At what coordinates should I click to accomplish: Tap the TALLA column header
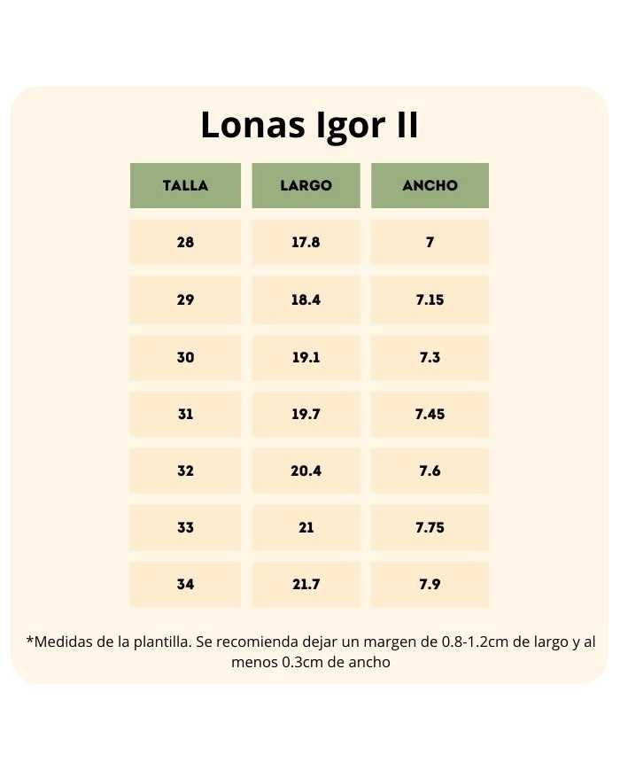(x=185, y=186)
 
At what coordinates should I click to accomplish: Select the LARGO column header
(x=306, y=186)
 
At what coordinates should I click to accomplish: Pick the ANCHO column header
(x=430, y=186)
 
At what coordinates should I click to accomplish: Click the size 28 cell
(x=185, y=242)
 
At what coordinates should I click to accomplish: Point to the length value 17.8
(x=306, y=242)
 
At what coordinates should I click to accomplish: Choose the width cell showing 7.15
(x=430, y=299)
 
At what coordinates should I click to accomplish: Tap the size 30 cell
(x=185, y=357)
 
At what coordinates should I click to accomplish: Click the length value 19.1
(x=306, y=357)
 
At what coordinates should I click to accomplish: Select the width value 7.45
(x=430, y=414)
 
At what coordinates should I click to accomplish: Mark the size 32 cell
(x=185, y=471)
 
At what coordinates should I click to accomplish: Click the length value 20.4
(x=306, y=471)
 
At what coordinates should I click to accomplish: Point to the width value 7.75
(x=430, y=527)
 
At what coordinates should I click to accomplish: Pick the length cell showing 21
(x=306, y=527)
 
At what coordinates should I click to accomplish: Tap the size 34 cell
(x=185, y=584)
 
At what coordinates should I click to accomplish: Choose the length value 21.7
(x=306, y=584)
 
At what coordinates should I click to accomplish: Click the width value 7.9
(x=430, y=584)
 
